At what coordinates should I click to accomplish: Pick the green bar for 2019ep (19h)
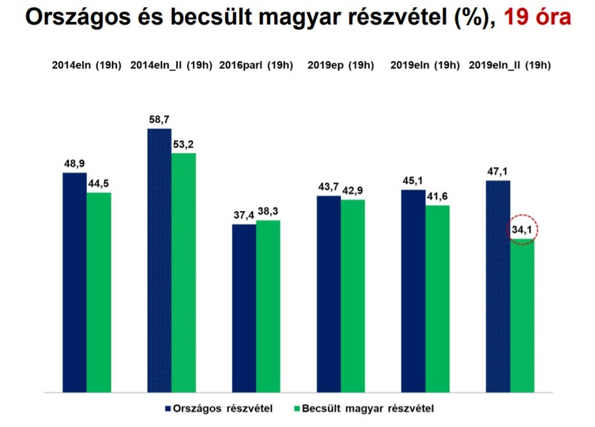(x=352, y=295)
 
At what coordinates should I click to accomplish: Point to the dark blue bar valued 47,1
(x=497, y=286)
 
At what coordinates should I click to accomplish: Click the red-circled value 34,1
(x=522, y=230)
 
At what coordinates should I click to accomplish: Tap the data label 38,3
(x=269, y=212)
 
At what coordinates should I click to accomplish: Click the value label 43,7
(x=329, y=188)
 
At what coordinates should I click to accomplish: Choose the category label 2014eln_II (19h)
(x=171, y=66)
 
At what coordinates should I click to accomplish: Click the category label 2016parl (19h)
(x=256, y=66)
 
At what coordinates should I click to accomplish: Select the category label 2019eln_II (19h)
(x=509, y=66)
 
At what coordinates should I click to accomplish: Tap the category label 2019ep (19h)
(x=340, y=66)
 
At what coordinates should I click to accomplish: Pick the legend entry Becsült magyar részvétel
(x=363, y=408)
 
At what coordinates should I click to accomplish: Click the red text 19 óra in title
(x=537, y=18)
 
